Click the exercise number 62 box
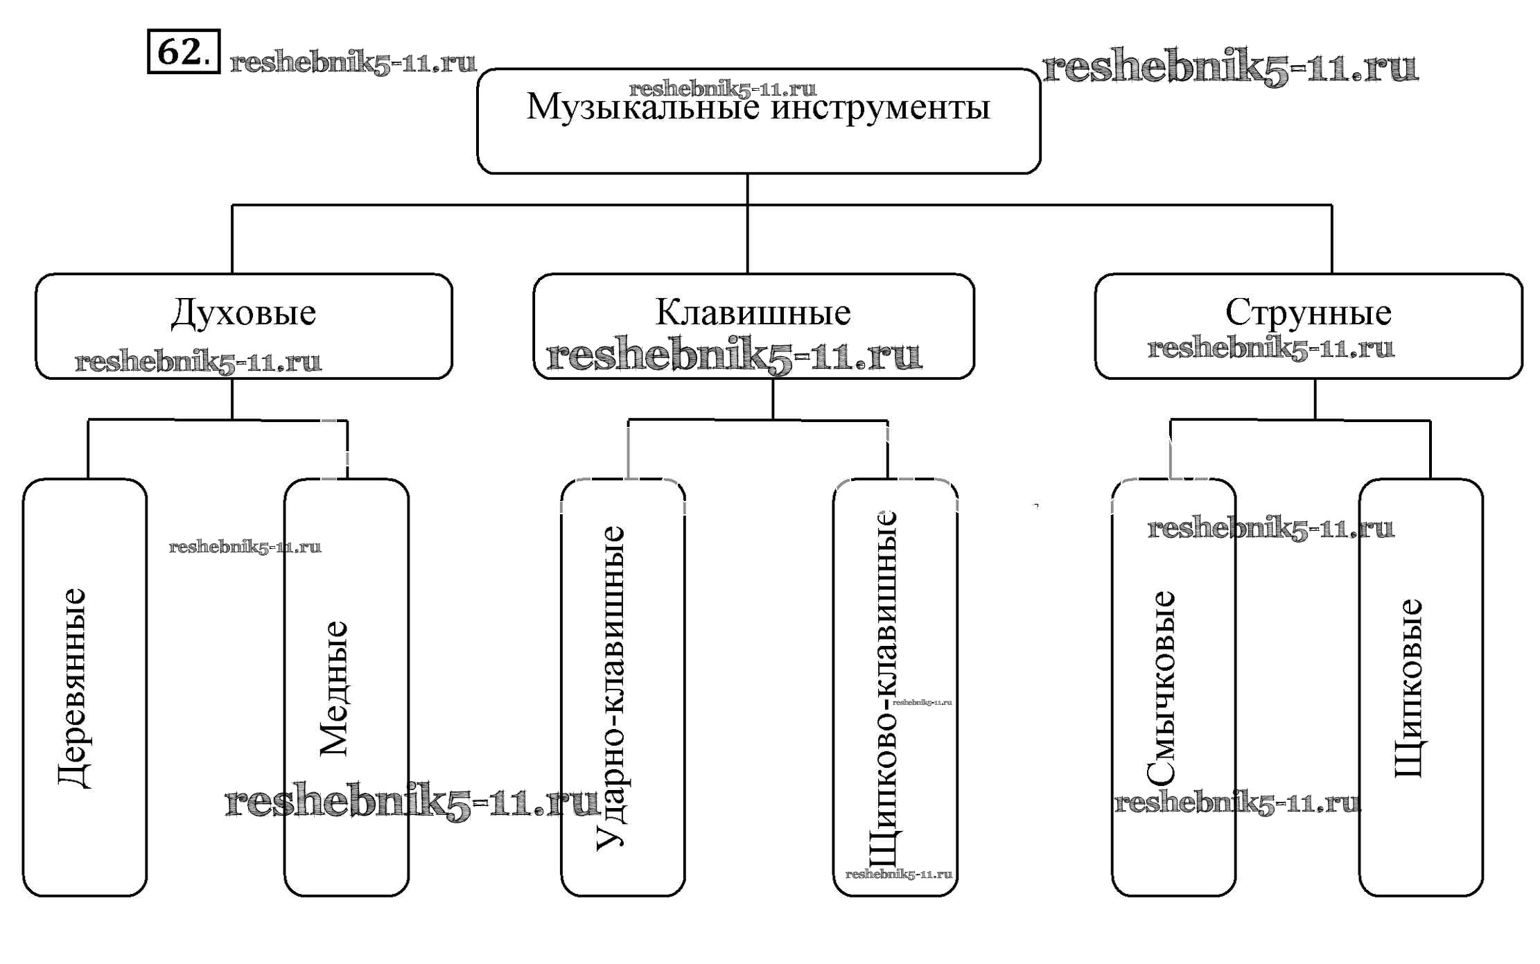coord(184,51)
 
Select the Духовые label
coord(243,313)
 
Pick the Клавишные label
coord(753,313)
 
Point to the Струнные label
coord(1308,313)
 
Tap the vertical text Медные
coord(333,687)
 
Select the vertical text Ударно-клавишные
coord(611,687)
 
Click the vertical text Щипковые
coord(1408,687)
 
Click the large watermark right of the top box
coord(1230,68)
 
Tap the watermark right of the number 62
coord(353,63)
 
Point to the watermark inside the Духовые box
coord(198,362)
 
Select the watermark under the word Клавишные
coord(735,356)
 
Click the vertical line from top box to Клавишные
coord(747,236)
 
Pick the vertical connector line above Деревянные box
coord(88,449)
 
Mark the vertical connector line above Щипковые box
coord(1430,449)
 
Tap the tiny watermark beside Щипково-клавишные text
coord(922,702)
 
